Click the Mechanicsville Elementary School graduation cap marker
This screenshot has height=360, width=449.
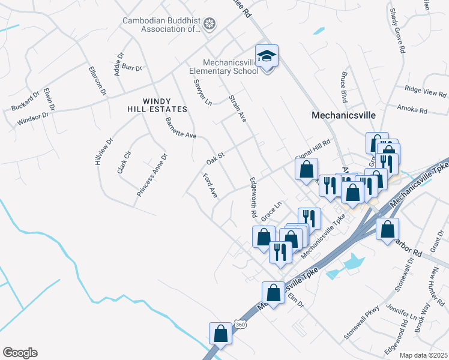267,56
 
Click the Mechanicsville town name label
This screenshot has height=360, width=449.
343,115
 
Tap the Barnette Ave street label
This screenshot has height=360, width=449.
181,128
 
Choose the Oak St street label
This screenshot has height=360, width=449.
215,158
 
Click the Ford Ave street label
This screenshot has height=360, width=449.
210,186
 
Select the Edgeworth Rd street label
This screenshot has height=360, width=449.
253,197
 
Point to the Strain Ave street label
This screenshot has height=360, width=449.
238,109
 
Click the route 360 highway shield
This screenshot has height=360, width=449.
240,325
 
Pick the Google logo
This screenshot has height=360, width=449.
20,353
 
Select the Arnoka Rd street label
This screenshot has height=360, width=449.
412,110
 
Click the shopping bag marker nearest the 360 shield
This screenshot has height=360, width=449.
220,334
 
